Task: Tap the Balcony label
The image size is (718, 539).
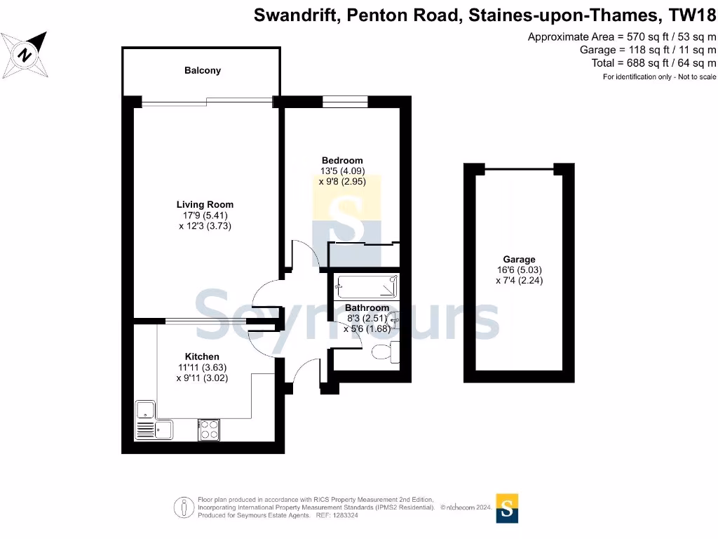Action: pos(203,70)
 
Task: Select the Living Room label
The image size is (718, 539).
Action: pos(205,205)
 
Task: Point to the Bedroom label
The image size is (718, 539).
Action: pos(342,161)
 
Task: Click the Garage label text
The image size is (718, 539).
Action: pos(519,260)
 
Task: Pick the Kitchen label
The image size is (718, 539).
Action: pos(202,357)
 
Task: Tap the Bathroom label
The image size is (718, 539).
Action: pos(367,308)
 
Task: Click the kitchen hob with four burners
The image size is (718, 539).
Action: pos(209,428)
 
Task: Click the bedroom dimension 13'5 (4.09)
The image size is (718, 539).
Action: pos(342,171)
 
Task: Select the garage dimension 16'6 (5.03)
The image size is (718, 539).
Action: pos(519,270)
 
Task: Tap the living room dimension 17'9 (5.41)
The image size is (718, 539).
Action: pos(205,215)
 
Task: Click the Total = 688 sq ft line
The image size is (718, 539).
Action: pos(653,62)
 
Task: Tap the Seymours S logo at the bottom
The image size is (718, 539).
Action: pos(508,507)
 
